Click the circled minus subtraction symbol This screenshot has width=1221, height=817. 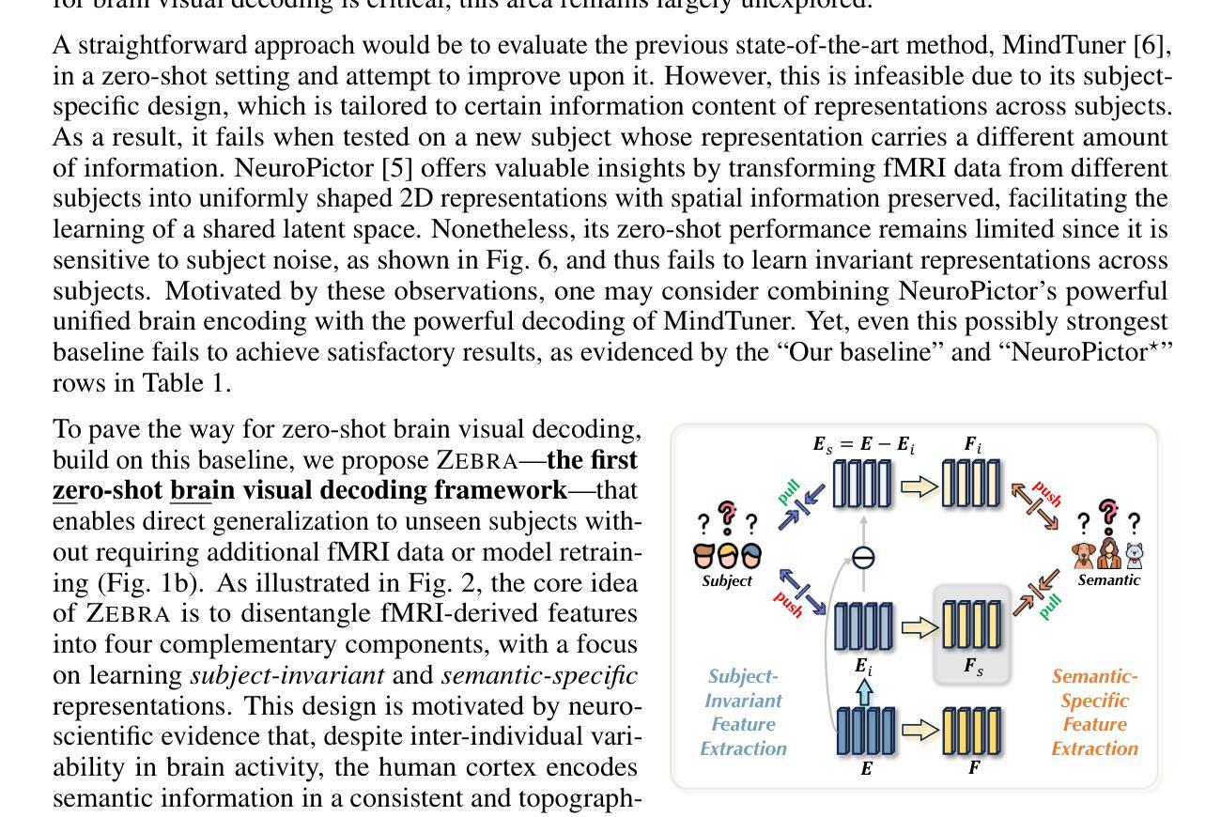coord(862,558)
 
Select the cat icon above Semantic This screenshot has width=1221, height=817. coord(1135,555)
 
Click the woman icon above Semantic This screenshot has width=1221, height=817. coord(1109,553)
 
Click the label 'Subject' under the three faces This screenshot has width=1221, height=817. coord(727,580)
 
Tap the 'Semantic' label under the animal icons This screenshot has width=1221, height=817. coord(1109,580)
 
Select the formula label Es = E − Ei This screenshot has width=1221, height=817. coord(864,444)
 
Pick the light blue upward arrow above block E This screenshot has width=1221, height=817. coord(864,692)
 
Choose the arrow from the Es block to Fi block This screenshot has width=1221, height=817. coord(919,486)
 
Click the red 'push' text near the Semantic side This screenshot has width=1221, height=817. coord(1045,493)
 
